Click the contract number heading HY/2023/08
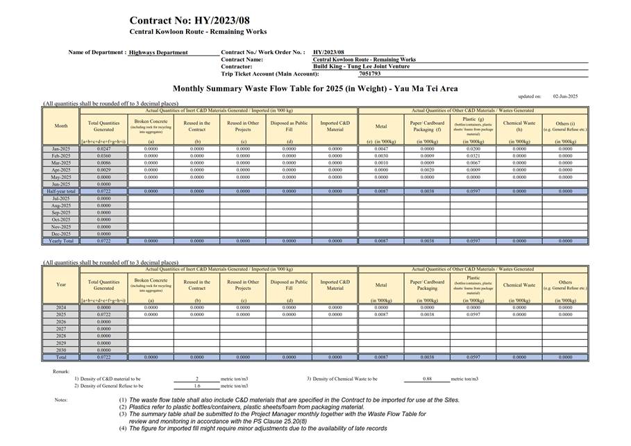click(x=189, y=21)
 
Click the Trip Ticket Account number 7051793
click(x=369, y=74)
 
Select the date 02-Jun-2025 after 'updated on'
click(x=565, y=96)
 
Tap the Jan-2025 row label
click(x=60, y=148)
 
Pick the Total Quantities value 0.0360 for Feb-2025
click(x=103, y=155)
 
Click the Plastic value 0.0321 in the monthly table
click(x=473, y=155)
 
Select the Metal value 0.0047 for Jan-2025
click(x=381, y=148)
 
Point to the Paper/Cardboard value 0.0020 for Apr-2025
click(x=427, y=169)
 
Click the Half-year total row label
click(x=60, y=191)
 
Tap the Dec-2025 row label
click(x=60, y=234)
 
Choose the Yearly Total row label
click(x=60, y=241)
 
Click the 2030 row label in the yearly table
click(x=61, y=350)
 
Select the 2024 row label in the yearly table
click(x=61, y=307)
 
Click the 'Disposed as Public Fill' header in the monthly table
click(x=289, y=127)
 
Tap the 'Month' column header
click(x=60, y=126)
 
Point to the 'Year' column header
click(x=61, y=284)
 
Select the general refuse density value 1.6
click(x=197, y=386)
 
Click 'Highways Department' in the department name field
click(x=158, y=53)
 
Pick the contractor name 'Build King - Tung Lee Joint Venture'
click(x=361, y=67)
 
